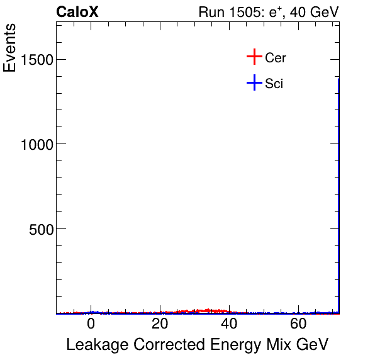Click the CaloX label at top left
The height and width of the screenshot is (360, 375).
pyautogui.click(x=77, y=12)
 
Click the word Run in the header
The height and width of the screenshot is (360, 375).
pyautogui.click(x=210, y=12)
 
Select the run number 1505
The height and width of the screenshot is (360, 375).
pyautogui.click(x=242, y=12)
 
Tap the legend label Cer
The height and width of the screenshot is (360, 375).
pyautogui.click(x=276, y=58)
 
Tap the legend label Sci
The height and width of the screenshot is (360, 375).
pyautogui.click(x=274, y=83)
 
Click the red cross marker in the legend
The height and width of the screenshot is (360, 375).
pyautogui.click(x=254, y=57)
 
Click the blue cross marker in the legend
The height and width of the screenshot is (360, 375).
pyautogui.click(x=254, y=82)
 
